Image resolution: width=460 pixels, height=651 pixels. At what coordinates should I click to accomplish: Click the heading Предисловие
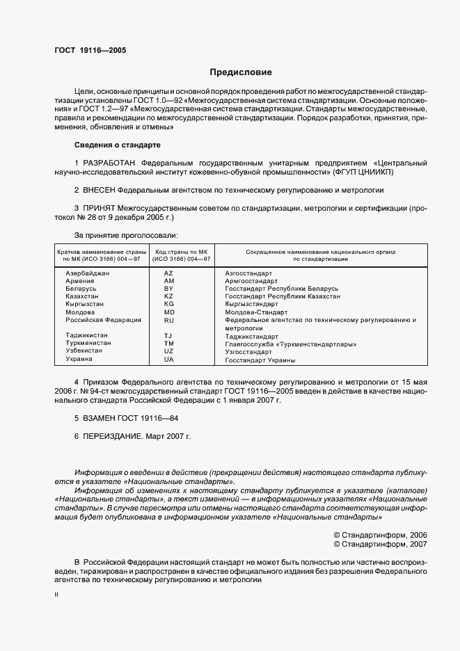click(x=241, y=72)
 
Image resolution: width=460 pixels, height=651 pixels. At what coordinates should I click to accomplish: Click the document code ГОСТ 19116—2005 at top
click(x=90, y=50)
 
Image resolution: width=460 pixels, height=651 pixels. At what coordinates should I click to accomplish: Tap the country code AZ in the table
click(x=168, y=273)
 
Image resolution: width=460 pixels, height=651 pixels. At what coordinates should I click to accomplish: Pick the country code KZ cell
click(x=168, y=296)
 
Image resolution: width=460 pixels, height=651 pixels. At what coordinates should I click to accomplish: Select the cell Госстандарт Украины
click(x=260, y=360)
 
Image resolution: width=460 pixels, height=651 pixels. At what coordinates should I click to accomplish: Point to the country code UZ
click(x=168, y=351)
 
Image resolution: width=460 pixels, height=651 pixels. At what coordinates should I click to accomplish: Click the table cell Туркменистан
click(x=87, y=344)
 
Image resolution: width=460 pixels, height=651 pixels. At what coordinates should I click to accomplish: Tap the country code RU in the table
click(x=168, y=321)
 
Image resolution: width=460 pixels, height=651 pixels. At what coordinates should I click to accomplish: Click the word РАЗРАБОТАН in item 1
click(x=110, y=162)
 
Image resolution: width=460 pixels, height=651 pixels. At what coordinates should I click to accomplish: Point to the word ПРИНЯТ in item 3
click(x=99, y=207)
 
